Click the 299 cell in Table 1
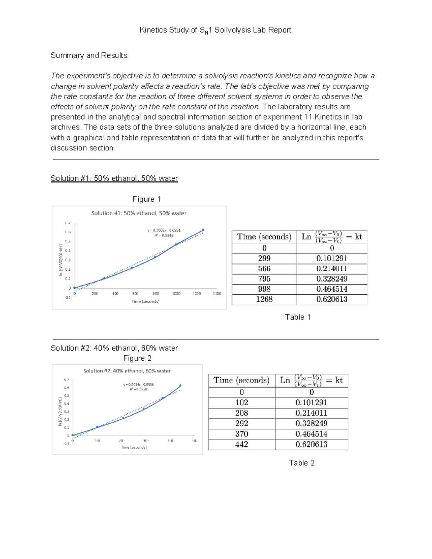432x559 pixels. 264,258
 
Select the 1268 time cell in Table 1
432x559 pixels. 264,299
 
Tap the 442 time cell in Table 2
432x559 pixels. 242,445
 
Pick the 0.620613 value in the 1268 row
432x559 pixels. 332,299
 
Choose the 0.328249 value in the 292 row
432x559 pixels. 311,424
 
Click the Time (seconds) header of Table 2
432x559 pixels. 241,380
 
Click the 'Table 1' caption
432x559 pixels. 297,317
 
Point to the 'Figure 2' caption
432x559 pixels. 137,359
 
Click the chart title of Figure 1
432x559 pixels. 139,213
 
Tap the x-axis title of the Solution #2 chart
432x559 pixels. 134,447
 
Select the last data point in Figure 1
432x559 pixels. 203,230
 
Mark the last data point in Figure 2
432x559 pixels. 180,386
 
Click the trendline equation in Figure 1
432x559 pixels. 164,230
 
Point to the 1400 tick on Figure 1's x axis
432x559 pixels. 217,294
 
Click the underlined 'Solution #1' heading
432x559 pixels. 114,179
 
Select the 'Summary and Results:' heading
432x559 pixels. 89,55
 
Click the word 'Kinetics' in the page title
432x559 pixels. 153,30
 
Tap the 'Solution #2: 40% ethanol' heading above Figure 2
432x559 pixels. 114,348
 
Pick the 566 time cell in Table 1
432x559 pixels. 264,269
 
